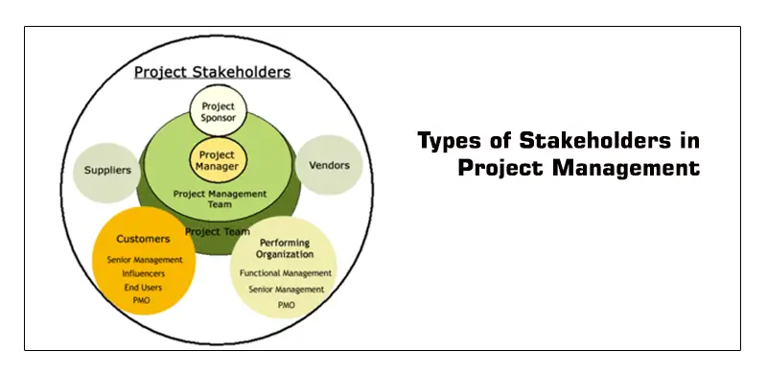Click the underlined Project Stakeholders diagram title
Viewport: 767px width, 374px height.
click(x=212, y=72)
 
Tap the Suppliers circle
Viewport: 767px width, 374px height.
click(x=108, y=171)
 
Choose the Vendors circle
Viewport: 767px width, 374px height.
click(x=329, y=165)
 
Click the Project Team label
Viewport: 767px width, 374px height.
click(x=218, y=231)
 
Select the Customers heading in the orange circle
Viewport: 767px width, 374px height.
click(x=142, y=239)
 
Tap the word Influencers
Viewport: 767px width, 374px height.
click(x=142, y=272)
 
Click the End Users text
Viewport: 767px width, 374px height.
click(x=142, y=287)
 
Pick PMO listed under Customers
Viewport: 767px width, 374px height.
click(x=142, y=301)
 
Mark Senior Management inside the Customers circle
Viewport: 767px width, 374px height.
click(x=142, y=259)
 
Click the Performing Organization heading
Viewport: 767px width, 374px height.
click(x=285, y=249)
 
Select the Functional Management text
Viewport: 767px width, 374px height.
click(x=285, y=273)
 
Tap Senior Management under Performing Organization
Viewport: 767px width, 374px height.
click(x=285, y=289)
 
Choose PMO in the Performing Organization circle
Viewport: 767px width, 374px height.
click(x=285, y=304)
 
